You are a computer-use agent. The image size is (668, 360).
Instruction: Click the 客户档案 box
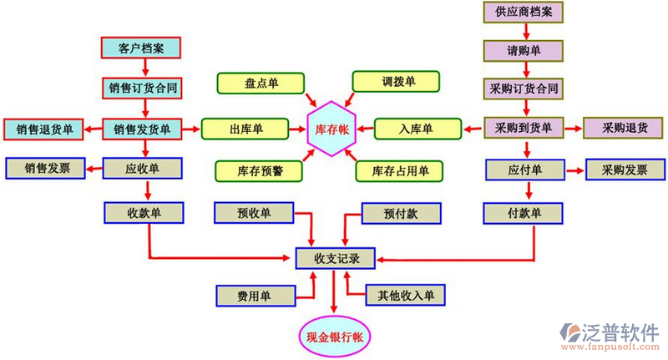141,48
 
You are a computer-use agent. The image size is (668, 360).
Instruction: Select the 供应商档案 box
524,13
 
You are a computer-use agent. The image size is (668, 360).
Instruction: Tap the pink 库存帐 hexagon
331,129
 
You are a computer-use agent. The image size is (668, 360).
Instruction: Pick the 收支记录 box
334,258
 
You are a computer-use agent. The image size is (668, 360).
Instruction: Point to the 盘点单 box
261,83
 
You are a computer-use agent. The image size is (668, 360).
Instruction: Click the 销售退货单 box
44,129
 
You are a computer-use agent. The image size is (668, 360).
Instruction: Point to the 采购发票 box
622,170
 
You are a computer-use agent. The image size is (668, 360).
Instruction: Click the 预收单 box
255,213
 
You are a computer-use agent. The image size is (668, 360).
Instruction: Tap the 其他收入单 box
405,295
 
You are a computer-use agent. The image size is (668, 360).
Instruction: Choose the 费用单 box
255,295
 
